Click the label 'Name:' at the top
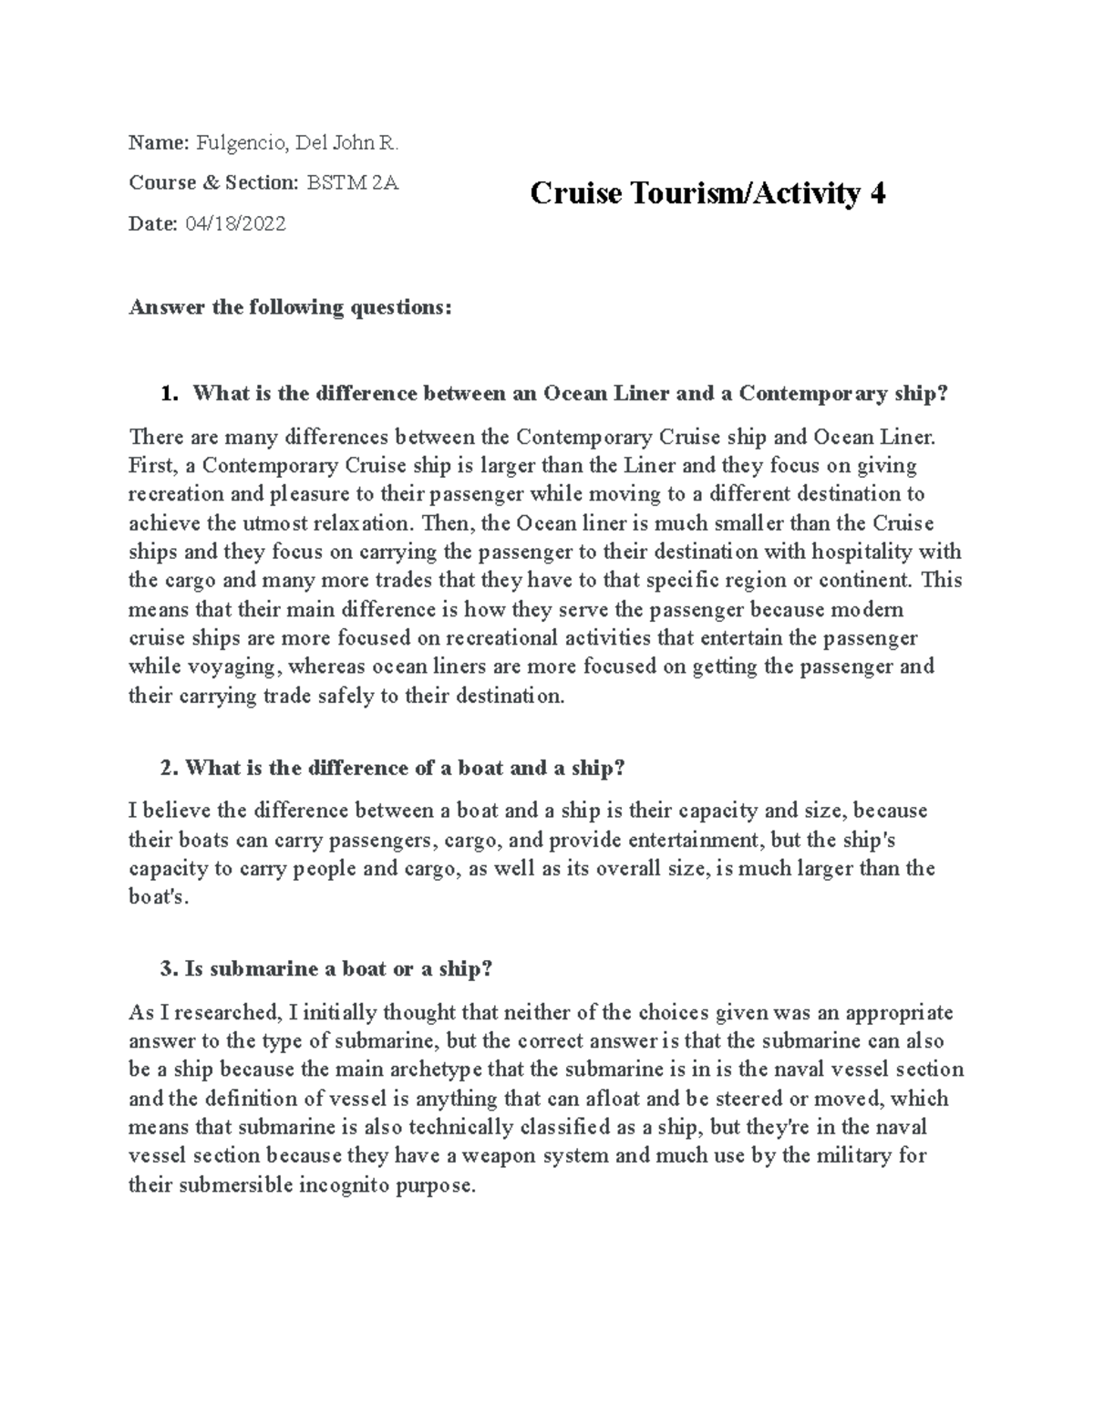159,142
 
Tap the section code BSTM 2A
352,182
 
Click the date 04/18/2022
235,223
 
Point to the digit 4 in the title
877,193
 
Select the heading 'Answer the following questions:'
290,307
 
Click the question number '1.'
166,394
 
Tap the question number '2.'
168,768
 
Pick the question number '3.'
168,968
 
